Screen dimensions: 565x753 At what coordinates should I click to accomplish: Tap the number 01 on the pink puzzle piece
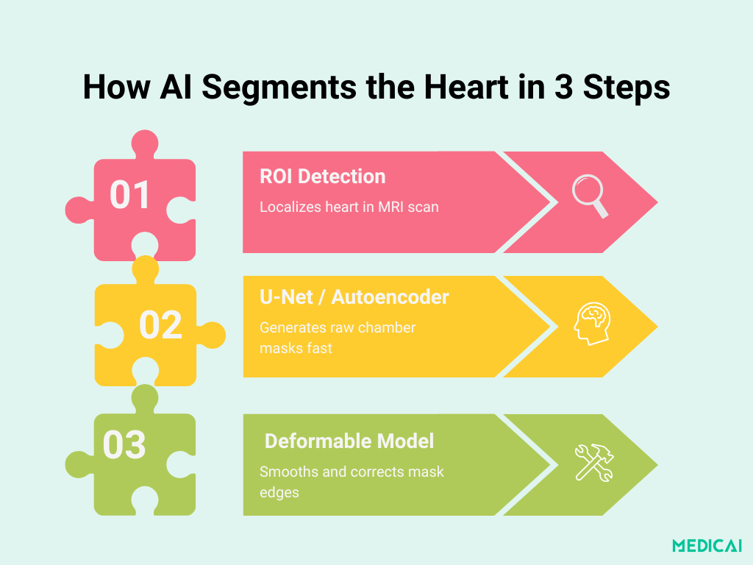click(x=130, y=196)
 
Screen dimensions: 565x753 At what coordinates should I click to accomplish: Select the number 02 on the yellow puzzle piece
click(x=160, y=324)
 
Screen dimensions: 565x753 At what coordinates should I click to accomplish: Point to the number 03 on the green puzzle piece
click(x=124, y=445)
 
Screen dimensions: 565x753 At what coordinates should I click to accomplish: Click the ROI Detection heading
click(x=322, y=177)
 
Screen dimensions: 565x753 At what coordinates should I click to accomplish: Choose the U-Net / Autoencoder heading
click(x=354, y=297)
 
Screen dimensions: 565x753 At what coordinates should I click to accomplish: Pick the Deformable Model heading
click(x=349, y=441)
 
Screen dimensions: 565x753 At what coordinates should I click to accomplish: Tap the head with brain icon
click(x=593, y=324)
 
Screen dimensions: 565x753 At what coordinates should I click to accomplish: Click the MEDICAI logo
click(x=707, y=545)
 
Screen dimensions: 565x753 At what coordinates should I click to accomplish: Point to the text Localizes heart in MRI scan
click(x=349, y=207)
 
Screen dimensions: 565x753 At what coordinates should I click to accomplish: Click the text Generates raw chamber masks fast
click(x=338, y=338)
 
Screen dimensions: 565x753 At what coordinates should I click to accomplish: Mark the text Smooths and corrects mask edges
click(x=351, y=481)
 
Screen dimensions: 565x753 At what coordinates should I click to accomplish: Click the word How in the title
click(x=115, y=88)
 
